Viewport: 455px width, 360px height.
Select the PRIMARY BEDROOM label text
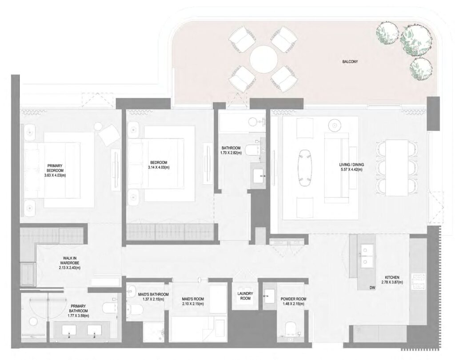[x=56, y=168]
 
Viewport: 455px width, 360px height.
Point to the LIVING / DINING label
[x=351, y=165]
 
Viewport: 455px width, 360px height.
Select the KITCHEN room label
[x=390, y=277]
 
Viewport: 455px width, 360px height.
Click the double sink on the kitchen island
[x=367, y=258]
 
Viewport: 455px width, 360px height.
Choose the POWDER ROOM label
[x=292, y=299]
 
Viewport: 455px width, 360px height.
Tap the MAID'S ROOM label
[x=192, y=299]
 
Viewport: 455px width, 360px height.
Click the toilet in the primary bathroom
[x=108, y=308]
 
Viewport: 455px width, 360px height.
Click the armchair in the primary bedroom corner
[x=108, y=133]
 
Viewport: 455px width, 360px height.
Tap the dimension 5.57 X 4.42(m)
[x=351, y=170]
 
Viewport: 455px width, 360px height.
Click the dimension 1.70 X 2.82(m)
[x=231, y=153]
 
